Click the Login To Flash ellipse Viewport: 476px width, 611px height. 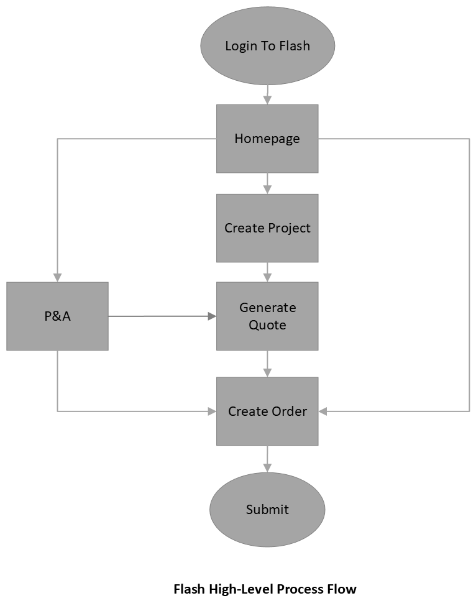coord(267,45)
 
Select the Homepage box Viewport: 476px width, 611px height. coord(267,138)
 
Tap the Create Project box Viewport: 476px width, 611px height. coord(267,227)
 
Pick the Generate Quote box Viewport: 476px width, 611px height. coord(267,316)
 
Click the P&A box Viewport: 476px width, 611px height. coord(57,316)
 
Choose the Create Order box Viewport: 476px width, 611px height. coord(267,411)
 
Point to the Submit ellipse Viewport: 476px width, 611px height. coord(267,510)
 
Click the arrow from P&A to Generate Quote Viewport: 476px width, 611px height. coord(162,316)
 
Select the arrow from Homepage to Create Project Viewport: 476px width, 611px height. coord(268,183)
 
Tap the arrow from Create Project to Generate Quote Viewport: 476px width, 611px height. coord(268,272)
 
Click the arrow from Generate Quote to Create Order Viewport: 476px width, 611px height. coord(268,364)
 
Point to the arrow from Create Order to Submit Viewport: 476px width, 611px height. coord(268,459)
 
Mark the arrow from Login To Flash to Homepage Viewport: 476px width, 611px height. coord(267,95)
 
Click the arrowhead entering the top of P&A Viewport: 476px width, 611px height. coord(57,277)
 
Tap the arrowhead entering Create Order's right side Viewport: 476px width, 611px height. coord(323,411)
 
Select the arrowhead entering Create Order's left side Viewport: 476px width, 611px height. coord(211,411)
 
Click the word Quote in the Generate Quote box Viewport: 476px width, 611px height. coord(267,324)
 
